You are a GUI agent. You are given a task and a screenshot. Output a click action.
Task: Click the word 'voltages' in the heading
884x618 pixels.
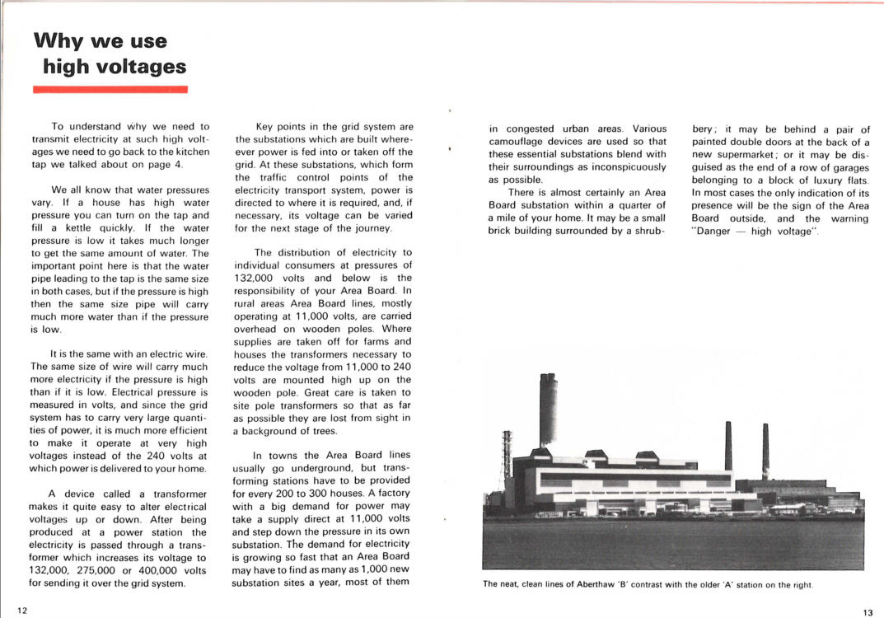point(139,66)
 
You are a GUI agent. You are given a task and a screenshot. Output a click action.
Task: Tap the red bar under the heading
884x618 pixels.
point(110,89)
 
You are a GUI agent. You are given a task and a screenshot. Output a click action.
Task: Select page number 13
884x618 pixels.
point(868,611)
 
